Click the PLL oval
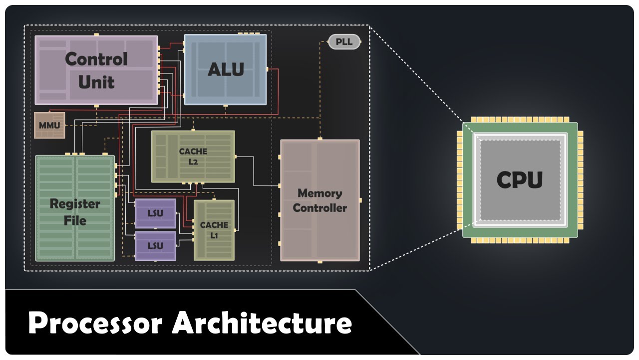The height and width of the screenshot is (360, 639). tap(344, 42)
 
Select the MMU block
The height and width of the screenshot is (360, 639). tap(49, 125)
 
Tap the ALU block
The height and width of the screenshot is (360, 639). tap(225, 69)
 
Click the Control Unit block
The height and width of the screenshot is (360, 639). tap(96, 70)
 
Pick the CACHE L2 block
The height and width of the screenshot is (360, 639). tap(193, 156)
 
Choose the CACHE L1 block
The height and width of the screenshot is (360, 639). tap(214, 230)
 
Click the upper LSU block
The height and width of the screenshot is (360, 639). tap(155, 213)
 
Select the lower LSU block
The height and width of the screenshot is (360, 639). tap(155, 245)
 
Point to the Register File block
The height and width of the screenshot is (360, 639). tap(75, 207)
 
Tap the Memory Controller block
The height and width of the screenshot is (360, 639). tap(319, 200)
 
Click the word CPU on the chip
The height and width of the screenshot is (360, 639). tap(519, 180)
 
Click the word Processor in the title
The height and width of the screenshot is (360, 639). tap(95, 322)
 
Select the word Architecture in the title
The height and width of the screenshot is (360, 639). tap(262, 322)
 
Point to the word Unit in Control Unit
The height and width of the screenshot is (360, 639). tap(96, 82)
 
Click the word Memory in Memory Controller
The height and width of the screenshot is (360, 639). tap(319, 193)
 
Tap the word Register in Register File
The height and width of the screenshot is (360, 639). tap(75, 204)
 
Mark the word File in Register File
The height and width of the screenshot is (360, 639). tap(75, 220)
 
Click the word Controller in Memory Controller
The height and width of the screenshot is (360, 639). tap(319, 208)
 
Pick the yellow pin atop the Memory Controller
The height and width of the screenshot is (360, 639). tap(319, 138)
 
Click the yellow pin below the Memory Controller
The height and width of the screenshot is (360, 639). tap(319, 261)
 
